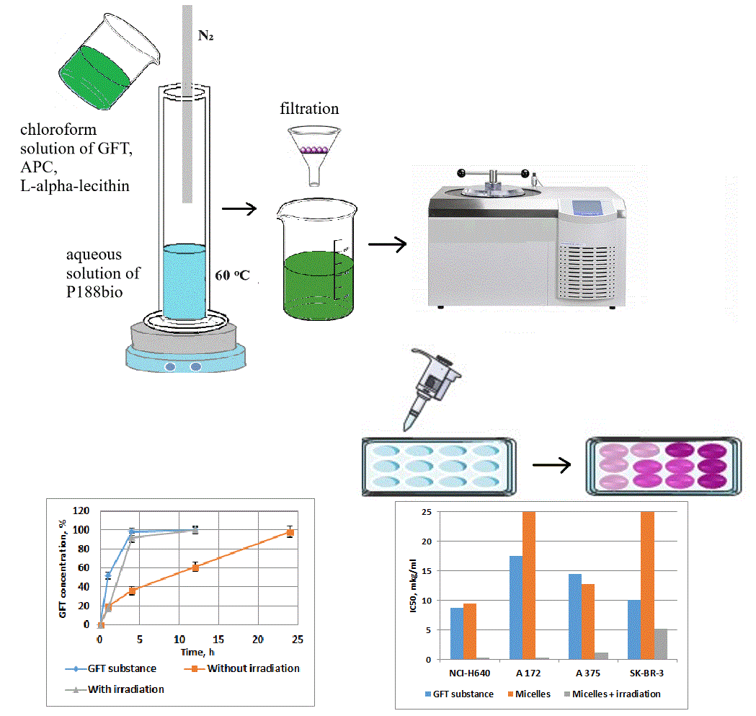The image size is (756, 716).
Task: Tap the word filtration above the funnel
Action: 309,110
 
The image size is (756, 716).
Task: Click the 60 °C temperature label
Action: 232,275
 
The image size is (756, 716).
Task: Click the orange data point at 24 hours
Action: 290,532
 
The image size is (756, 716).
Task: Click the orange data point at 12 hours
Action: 195,567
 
